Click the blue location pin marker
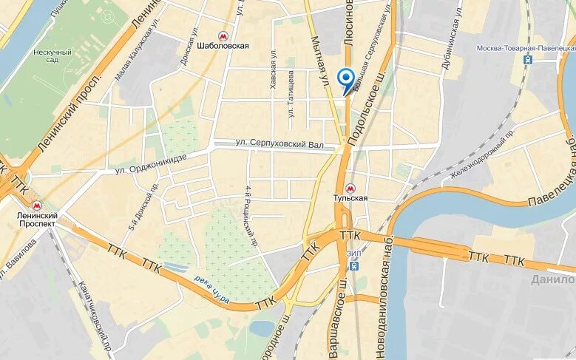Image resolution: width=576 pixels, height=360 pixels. pyautogui.click(x=345, y=79)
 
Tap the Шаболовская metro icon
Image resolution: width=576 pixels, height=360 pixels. pyautogui.click(x=223, y=35)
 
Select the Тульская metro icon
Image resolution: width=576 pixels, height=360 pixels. pyautogui.click(x=350, y=189)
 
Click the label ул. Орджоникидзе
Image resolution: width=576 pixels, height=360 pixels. pyautogui.click(x=151, y=164)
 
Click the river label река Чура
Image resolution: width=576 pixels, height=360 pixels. pyautogui.click(x=213, y=290)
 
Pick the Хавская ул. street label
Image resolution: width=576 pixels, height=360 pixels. pyautogui.click(x=273, y=70)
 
